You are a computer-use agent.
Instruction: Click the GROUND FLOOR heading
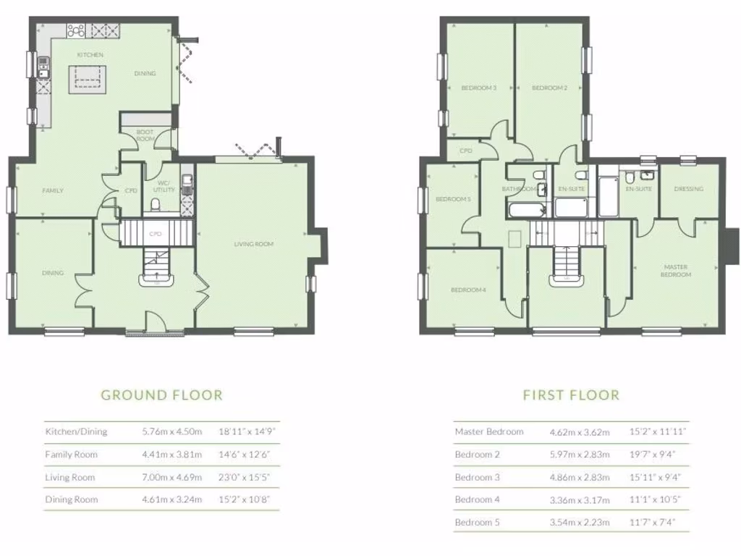click(x=161, y=395)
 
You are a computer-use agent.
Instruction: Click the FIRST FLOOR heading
click(x=571, y=395)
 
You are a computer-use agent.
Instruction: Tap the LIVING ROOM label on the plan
click(x=253, y=244)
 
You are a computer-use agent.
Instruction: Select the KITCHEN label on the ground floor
click(x=91, y=55)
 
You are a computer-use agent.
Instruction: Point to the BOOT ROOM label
click(x=146, y=135)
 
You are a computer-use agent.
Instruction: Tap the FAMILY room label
click(x=53, y=190)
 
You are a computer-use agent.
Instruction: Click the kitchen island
click(x=87, y=77)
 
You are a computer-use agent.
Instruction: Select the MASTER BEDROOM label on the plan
click(x=677, y=271)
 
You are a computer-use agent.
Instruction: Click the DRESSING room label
click(x=688, y=189)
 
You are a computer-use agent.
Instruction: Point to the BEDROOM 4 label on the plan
click(x=468, y=290)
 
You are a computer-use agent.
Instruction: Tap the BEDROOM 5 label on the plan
click(x=452, y=200)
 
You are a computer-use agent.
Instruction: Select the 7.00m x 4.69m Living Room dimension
click(x=172, y=477)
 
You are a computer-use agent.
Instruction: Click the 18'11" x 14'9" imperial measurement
click(x=247, y=431)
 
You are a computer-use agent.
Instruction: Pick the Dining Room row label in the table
click(x=71, y=500)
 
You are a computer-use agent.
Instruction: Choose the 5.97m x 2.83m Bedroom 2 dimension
click(x=580, y=455)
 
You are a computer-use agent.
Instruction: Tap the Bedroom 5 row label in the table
click(x=477, y=522)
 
